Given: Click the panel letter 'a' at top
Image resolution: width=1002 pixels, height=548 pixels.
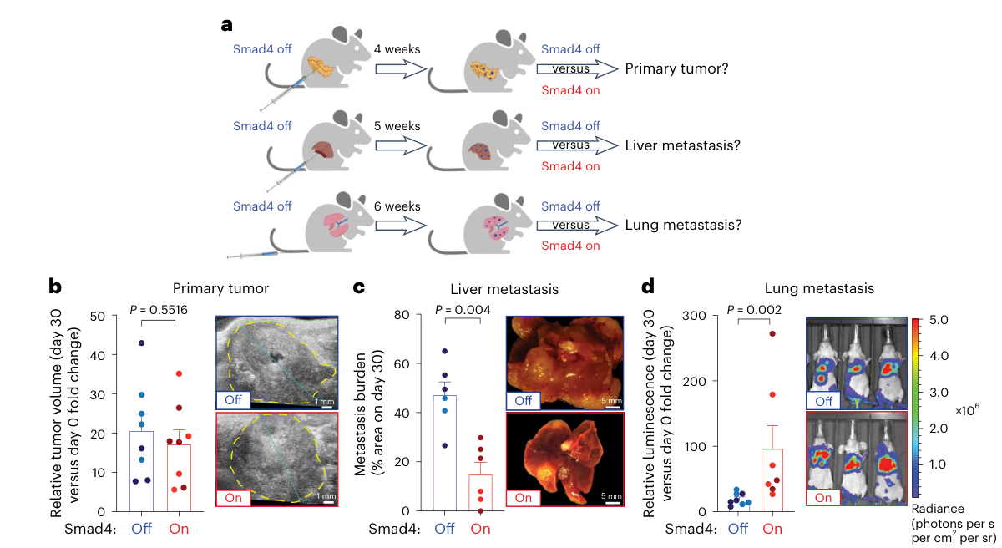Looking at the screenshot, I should click(226, 24).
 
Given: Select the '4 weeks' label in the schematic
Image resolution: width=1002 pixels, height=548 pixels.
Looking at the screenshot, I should click(397, 49).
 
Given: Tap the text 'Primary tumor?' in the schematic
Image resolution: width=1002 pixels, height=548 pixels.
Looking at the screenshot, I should click(676, 68).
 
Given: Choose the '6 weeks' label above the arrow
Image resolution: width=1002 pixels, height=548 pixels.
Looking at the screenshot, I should click(397, 205).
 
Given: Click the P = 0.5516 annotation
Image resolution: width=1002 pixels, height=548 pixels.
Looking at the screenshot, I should click(158, 310).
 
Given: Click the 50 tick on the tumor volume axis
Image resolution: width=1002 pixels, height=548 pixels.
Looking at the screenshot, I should click(108, 316).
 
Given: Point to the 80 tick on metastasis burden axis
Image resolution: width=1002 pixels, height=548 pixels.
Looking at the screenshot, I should click(411, 316).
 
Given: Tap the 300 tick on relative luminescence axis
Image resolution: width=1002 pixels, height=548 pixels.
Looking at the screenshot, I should click(698, 316).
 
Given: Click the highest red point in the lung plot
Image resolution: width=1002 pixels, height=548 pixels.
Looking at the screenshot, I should click(772, 334).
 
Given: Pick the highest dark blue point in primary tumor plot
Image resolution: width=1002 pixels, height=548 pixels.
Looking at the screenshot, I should click(142, 343).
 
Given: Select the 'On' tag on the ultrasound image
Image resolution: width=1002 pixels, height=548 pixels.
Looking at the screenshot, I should click(235, 496).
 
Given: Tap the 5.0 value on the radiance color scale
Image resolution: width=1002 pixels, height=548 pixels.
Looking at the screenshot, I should click(939, 321).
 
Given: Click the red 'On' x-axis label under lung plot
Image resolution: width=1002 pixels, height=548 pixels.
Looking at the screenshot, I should click(772, 528).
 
